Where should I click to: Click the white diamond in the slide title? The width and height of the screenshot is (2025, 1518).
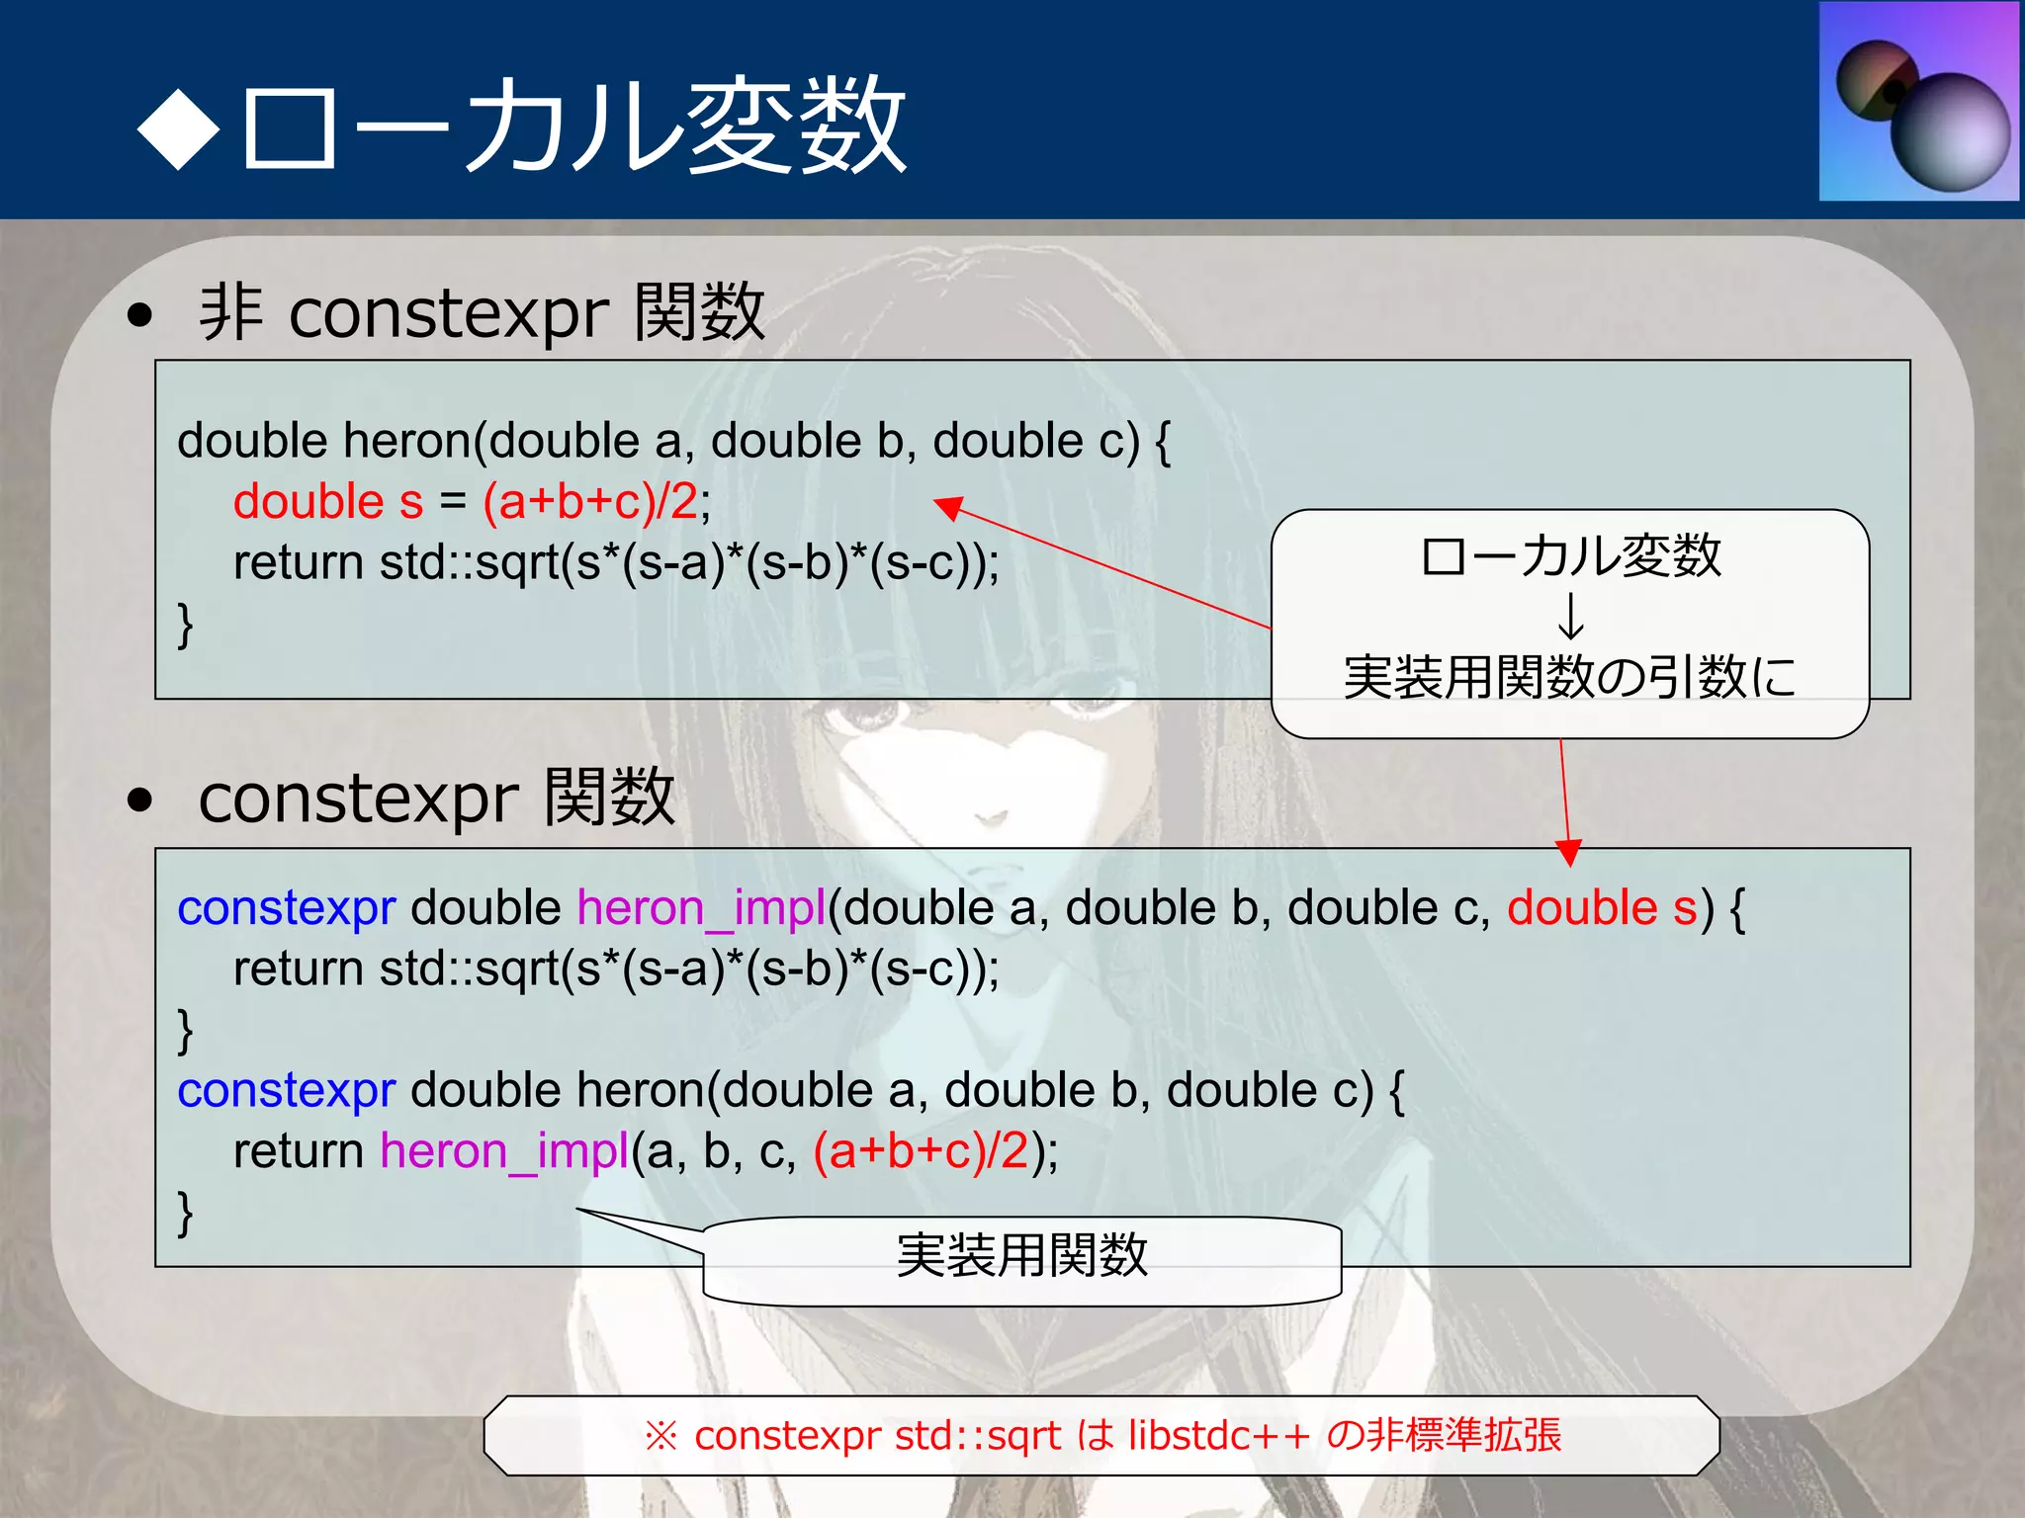(179, 128)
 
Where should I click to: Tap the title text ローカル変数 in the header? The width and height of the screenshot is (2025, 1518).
(573, 126)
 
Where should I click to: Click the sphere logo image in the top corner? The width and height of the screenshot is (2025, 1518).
(1919, 102)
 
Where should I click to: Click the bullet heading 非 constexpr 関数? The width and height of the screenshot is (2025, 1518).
(482, 312)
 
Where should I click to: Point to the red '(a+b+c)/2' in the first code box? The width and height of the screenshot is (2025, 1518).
(590, 501)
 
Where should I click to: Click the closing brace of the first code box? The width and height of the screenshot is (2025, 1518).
(185, 625)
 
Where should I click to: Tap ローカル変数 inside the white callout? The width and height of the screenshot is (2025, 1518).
(1570, 556)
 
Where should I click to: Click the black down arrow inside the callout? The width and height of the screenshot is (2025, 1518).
(1570, 616)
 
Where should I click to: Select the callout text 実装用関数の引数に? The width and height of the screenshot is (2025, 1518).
(1570, 677)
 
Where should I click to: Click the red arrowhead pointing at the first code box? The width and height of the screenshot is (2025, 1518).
(949, 507)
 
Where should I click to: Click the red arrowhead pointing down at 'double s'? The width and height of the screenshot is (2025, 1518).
(1568, 852)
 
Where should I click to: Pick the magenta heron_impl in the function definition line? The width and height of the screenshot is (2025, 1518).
(701, 907)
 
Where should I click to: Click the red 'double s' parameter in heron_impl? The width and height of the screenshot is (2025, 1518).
(1602, 907)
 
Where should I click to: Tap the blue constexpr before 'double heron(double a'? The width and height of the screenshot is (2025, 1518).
(287, 1090)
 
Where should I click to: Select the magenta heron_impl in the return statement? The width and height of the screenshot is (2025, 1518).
(504, 1151)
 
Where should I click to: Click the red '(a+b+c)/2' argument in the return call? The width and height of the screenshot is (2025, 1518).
(922, 1151)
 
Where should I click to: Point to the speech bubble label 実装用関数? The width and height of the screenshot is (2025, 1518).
(1021, 1256)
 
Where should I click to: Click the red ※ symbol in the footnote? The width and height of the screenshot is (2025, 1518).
(660, 1436)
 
